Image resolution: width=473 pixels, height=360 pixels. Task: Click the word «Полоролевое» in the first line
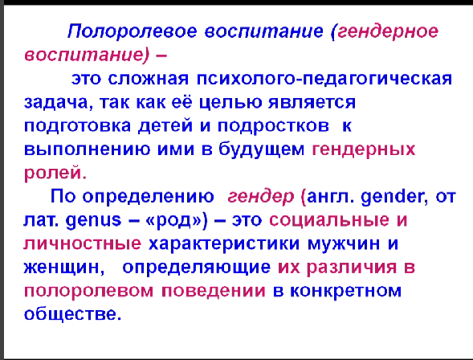point(133,31)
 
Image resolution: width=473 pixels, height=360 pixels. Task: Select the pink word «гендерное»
point(388,31)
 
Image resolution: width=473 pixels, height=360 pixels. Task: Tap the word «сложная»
point(149,79)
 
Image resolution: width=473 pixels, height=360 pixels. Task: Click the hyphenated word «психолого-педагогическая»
point(324,80)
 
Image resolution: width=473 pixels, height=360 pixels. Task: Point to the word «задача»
point(56,103)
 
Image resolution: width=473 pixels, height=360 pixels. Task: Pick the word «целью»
point(230,103)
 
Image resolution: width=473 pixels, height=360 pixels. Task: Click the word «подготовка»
point(77,126)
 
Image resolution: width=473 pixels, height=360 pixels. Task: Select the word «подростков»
point(273,126)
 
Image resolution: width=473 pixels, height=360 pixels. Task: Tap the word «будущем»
point(262,149)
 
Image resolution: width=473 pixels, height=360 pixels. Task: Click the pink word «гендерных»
point(364,149)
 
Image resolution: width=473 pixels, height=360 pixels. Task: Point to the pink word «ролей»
point(55,174)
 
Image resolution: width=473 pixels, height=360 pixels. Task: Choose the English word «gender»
point(394,197)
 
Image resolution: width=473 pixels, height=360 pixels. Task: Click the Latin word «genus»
point(93,220)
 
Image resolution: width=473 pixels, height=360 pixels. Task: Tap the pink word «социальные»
point(329,220)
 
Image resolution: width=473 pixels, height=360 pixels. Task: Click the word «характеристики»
point(224,243)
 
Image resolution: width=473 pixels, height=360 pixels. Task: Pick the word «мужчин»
point(344,243)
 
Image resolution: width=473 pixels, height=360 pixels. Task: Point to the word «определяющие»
point(197,268)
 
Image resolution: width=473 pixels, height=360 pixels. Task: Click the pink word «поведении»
point(214,291)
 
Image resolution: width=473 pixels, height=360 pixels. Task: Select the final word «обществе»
point(72,314)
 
